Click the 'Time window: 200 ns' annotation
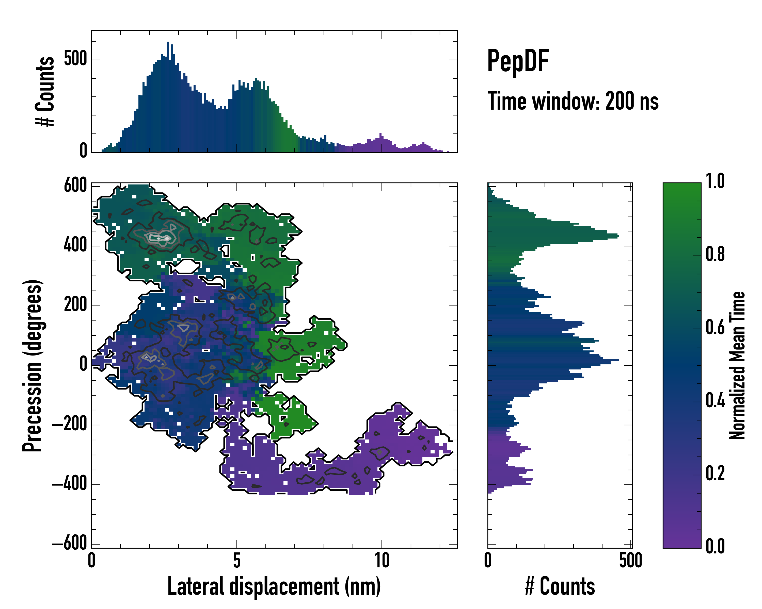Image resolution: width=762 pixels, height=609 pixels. coord(573,101)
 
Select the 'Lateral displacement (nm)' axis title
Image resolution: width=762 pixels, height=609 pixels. coord(274,586)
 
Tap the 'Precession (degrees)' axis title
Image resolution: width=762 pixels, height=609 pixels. coord(33,365)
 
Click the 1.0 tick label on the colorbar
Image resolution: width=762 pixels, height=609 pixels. coord(715,181)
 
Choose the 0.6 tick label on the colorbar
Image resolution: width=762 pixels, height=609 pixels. coord(715,327)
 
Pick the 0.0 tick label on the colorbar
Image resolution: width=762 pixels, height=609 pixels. coord(715,546)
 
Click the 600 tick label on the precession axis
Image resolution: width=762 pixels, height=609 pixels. coord(75,185)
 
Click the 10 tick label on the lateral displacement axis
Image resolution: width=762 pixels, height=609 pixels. coord(382,561)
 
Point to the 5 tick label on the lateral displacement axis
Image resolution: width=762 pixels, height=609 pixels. coord(236,561)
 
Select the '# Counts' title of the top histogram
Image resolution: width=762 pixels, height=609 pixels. coord(45,91)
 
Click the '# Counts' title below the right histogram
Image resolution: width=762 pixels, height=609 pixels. coord(560,586)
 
